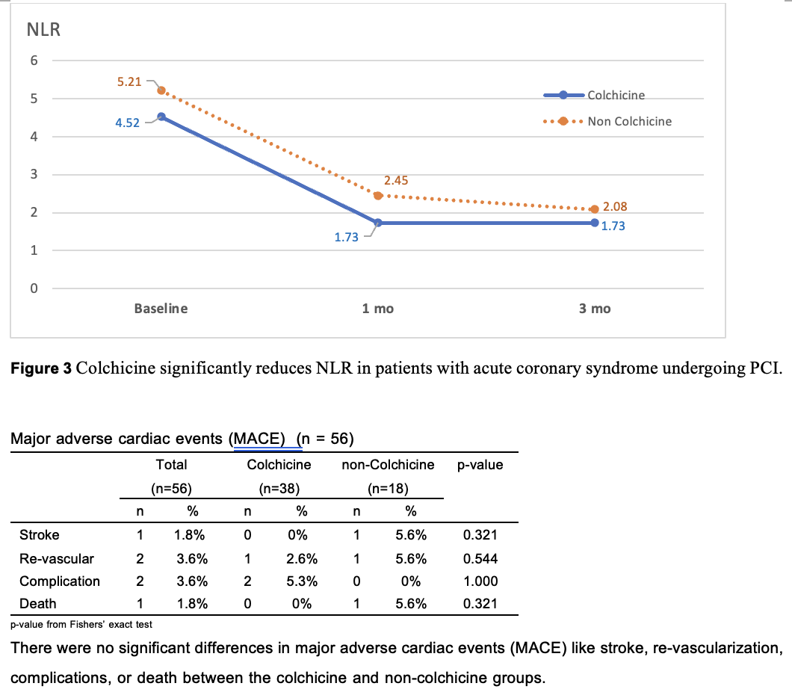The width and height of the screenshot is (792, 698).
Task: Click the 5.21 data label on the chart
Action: click(129, 81)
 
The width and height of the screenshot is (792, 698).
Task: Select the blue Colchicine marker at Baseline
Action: click(161, 117)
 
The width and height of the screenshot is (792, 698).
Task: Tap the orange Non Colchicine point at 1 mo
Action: click(378, 196)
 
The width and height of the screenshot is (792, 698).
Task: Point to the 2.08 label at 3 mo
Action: click(615, 207)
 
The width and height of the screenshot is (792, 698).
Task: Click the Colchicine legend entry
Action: click(616, 95)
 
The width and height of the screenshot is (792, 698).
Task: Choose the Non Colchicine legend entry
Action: click(629, 121)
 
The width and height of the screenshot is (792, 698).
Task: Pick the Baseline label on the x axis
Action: click(161, 309)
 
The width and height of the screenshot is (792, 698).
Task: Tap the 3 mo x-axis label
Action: click(595, 309)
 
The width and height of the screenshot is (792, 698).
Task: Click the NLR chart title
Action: click(43, 31)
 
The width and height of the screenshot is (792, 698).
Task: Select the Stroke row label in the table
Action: click(40, 535)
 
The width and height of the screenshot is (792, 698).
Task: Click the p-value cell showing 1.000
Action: click(480, 581)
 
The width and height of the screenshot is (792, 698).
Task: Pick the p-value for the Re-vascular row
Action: click(480, 558)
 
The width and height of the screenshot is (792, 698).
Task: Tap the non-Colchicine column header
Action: click(388, 465)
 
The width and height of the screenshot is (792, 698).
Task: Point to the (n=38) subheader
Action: click(279, 489)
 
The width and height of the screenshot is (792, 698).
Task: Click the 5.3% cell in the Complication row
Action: click(302, 581)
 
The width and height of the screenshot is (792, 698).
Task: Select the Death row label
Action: click(38, 603)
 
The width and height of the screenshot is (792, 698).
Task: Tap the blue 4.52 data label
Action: click(127, 123)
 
